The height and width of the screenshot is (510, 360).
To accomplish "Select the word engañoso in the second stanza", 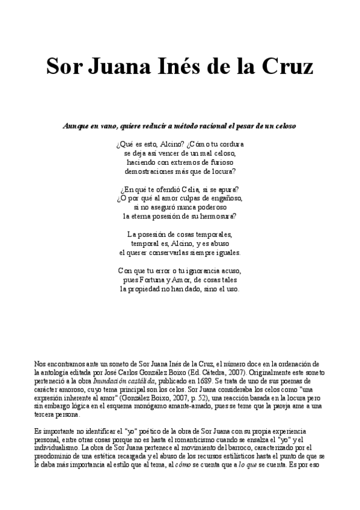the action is click(x=224, y=198).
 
